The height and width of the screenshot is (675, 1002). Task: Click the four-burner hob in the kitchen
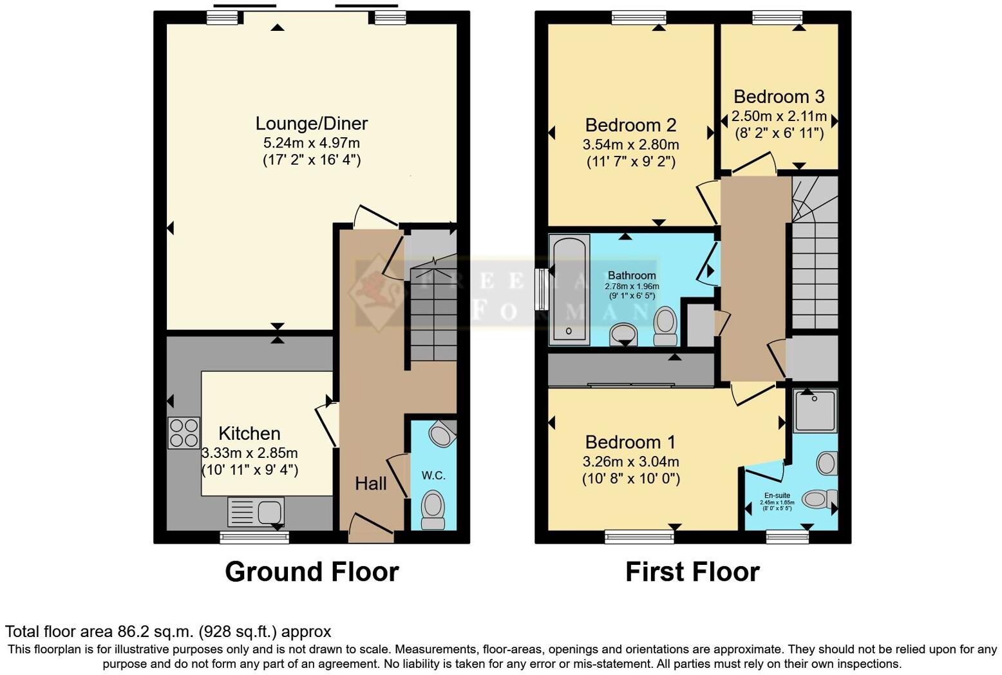(184, 433)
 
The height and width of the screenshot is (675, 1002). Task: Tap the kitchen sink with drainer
(256, 512)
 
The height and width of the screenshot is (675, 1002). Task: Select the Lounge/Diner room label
(312, 123)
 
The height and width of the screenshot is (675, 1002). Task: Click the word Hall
(371, 484)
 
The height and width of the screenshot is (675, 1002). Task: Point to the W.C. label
(433, 475)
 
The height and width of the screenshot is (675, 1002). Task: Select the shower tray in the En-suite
(815, 410)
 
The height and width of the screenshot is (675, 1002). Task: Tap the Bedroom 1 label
(630, 442)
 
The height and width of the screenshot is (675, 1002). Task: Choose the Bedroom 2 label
(630, 125)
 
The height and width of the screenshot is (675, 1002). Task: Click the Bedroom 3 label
(779, 97)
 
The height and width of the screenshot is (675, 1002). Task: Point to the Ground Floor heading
(312, 572)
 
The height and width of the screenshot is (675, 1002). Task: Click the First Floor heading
(692, 572)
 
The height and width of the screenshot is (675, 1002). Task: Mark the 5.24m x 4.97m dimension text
(312, 143)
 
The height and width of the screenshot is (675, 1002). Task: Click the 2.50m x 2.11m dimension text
(779, 117)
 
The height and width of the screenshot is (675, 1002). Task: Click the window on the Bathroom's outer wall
(542, 290)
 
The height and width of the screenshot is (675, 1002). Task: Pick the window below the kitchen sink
(254, 537)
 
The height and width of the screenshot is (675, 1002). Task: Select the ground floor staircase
(431, 309)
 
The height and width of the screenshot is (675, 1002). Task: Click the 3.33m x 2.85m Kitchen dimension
(250, 453)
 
